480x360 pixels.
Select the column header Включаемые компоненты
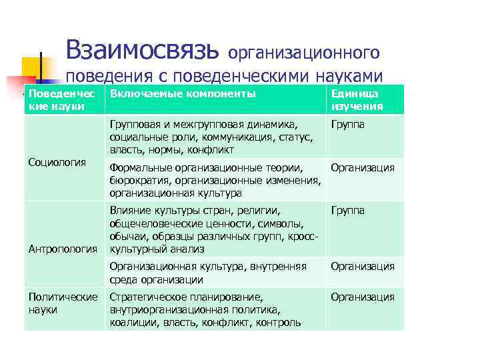pos(183,94)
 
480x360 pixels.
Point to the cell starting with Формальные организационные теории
pos(214,180)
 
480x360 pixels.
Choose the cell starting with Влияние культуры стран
pos(213,229)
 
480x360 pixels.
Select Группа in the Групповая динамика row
pos(348,124)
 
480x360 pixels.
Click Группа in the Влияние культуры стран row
pos(348,211)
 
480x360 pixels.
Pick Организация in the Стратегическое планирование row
pos(363,297)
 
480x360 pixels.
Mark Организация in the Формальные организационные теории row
pos(363,168)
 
